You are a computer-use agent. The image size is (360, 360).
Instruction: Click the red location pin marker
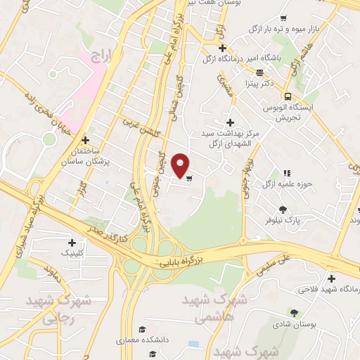pyautogui.click(x=181, y=165)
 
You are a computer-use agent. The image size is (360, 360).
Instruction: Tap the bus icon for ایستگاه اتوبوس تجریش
pyautogui.click(x=287, y=96)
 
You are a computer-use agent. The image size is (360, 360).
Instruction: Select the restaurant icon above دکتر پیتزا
pyautogui.click(x=259, y=72)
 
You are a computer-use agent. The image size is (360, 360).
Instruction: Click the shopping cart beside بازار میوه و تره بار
pyautogui.click(x=283, y=18)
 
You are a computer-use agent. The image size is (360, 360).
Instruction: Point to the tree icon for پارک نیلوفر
pyautogui.click(x=283, y=209)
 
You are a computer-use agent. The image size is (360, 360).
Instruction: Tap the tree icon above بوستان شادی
pyautogui.click(x=293, y=312)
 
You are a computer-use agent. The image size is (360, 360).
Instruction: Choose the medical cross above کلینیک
pyautogui.click(x=72, y=242)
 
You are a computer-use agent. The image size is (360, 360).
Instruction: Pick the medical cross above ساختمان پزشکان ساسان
pyautogui.click(x=86, y=140)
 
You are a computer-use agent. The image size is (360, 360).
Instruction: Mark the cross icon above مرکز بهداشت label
pyautogui.click(x=230, y=122)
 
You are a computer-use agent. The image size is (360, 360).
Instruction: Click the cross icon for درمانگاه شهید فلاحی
pyautogui.click(x=331, y=278)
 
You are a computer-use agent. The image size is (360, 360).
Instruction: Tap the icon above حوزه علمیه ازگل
pyautogui.click(x=287, y=173)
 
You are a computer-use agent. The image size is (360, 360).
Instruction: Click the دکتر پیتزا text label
pyautogui.click(x=257, y=84)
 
